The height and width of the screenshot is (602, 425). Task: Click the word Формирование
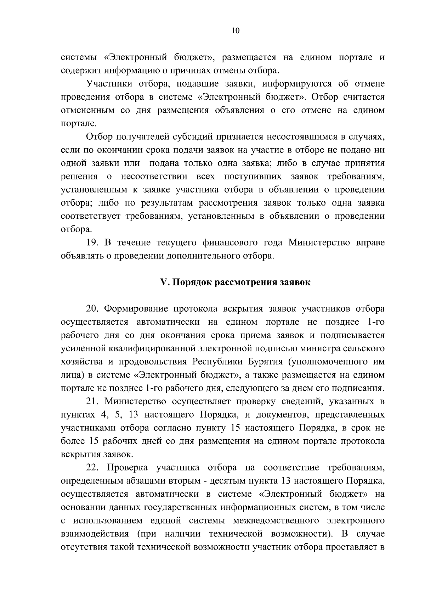[x=136, y=309]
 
